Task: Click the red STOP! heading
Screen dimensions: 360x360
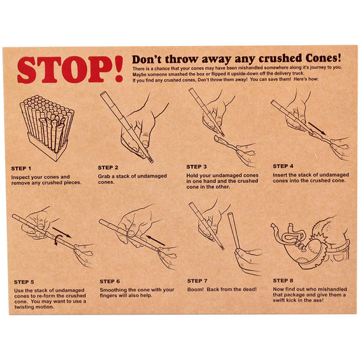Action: tap(70, 70)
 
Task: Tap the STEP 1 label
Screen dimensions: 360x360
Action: tap(21, 169)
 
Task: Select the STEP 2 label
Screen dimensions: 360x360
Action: tap(108, 168)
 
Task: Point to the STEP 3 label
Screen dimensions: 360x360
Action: tap(197, 167)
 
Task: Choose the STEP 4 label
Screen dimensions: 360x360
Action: tap(283, 166)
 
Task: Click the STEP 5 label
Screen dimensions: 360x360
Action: tap(24, 282)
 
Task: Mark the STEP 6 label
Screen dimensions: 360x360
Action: tap(109, 281)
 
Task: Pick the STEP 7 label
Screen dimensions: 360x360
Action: tap(197, 281)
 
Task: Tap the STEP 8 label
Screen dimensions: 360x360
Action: tap(283, 280)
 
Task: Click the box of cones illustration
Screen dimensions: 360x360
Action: tap(47, 128)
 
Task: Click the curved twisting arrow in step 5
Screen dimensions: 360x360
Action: tap(57, 240)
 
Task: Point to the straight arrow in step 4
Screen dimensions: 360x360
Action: tap(317, 128)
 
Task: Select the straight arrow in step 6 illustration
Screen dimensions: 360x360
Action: tap(155, 240)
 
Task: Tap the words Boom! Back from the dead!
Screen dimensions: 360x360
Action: tap(222, 289)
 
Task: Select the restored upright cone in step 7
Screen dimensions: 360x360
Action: tap(234, 231)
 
